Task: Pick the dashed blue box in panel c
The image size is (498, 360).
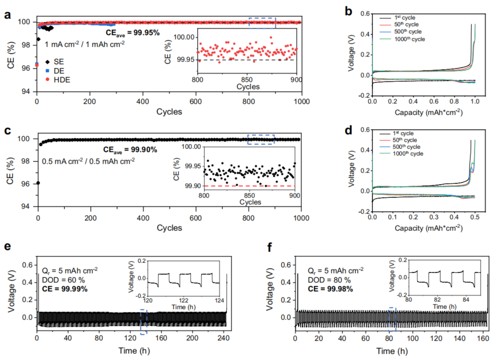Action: pos(261,139)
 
